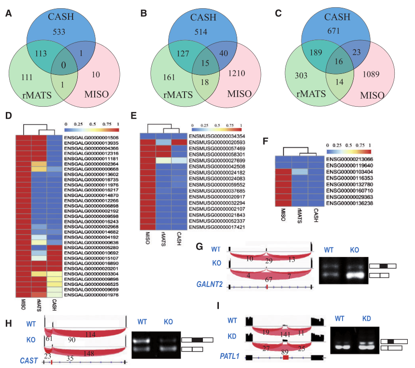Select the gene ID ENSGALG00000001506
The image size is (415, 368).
[91, 138]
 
